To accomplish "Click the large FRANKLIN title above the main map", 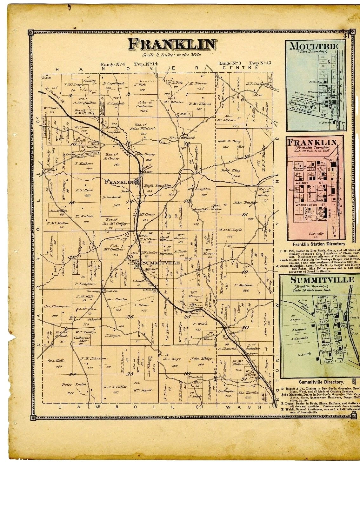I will tap(173, 45).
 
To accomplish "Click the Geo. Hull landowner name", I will tap(56, 361).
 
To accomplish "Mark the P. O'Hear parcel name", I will tap(84, 190).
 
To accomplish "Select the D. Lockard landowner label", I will tap(111, 197).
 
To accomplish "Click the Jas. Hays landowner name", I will tap(172, 359).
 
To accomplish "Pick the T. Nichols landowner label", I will tap(84, 216).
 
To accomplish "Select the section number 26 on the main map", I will tap(130, 317).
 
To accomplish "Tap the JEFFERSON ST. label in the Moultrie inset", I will tap(305, 110).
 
